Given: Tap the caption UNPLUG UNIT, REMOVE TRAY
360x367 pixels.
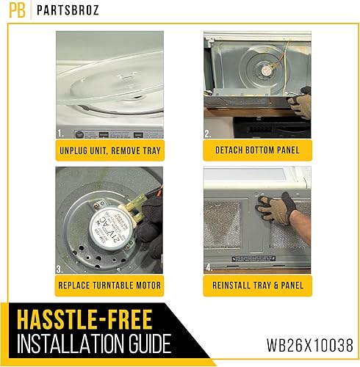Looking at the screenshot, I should (109, 150).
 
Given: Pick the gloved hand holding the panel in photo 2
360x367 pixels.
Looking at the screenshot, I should (300, 103).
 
